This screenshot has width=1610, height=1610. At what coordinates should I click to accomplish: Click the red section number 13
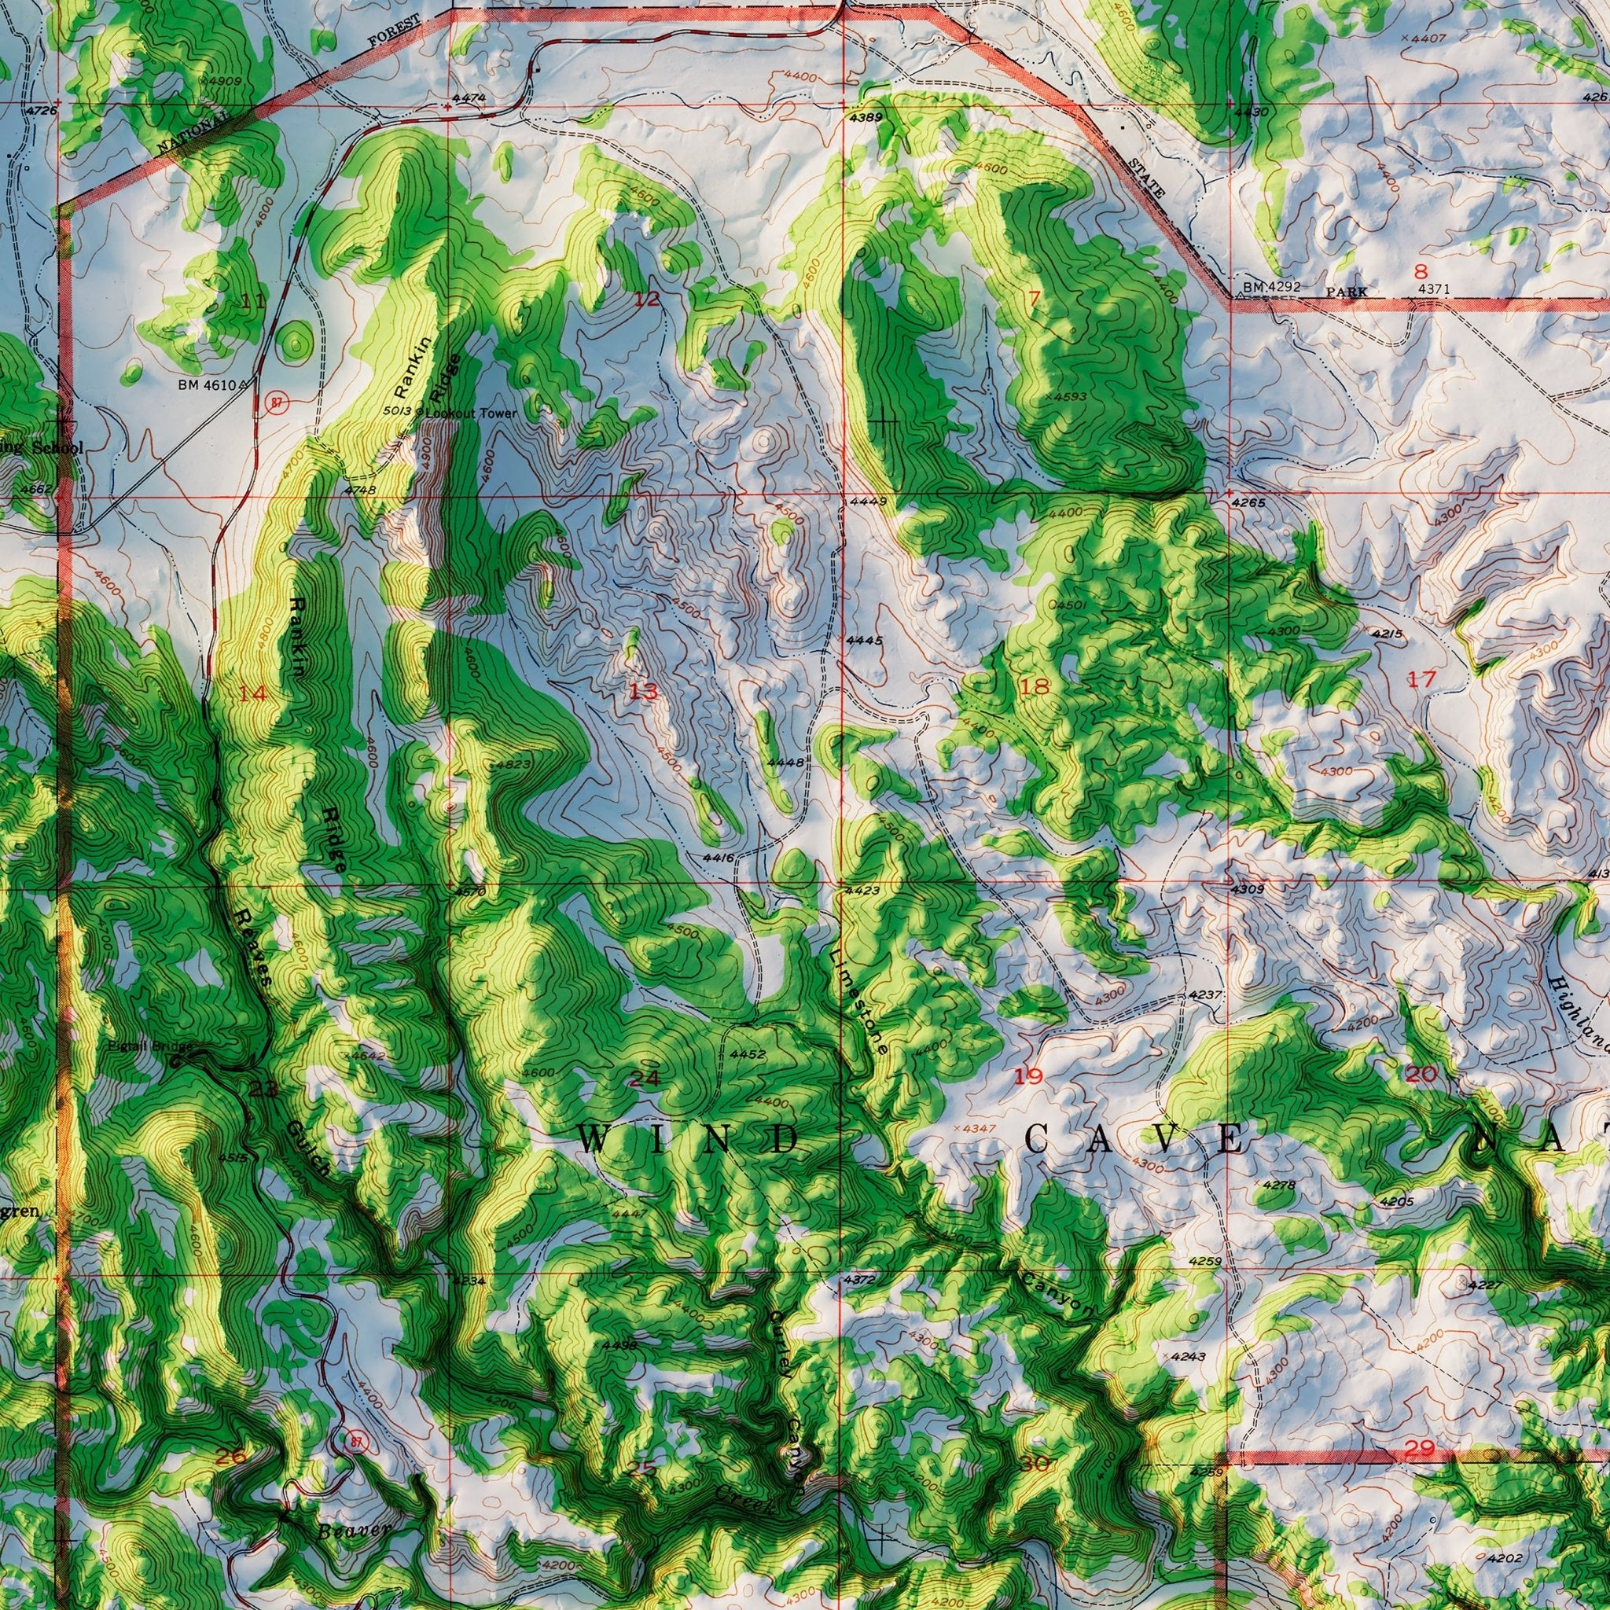[643, 691]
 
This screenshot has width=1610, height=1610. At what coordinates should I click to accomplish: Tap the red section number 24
[643, 1079]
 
